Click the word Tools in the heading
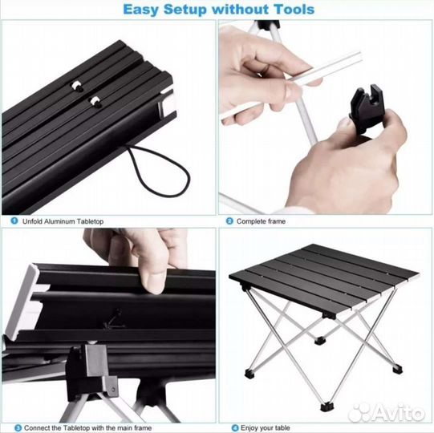[294, 10]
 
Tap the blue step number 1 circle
[14, 221]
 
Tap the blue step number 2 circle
[229, 221]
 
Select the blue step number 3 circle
[18, 427]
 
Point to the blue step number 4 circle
[235, 427]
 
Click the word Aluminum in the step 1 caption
[59, 221]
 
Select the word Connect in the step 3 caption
[35, 427]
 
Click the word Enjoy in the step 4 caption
[249, 427]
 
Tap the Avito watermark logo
[387, 412]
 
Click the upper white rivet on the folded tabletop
[76, 86]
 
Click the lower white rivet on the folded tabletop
[95, 101]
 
